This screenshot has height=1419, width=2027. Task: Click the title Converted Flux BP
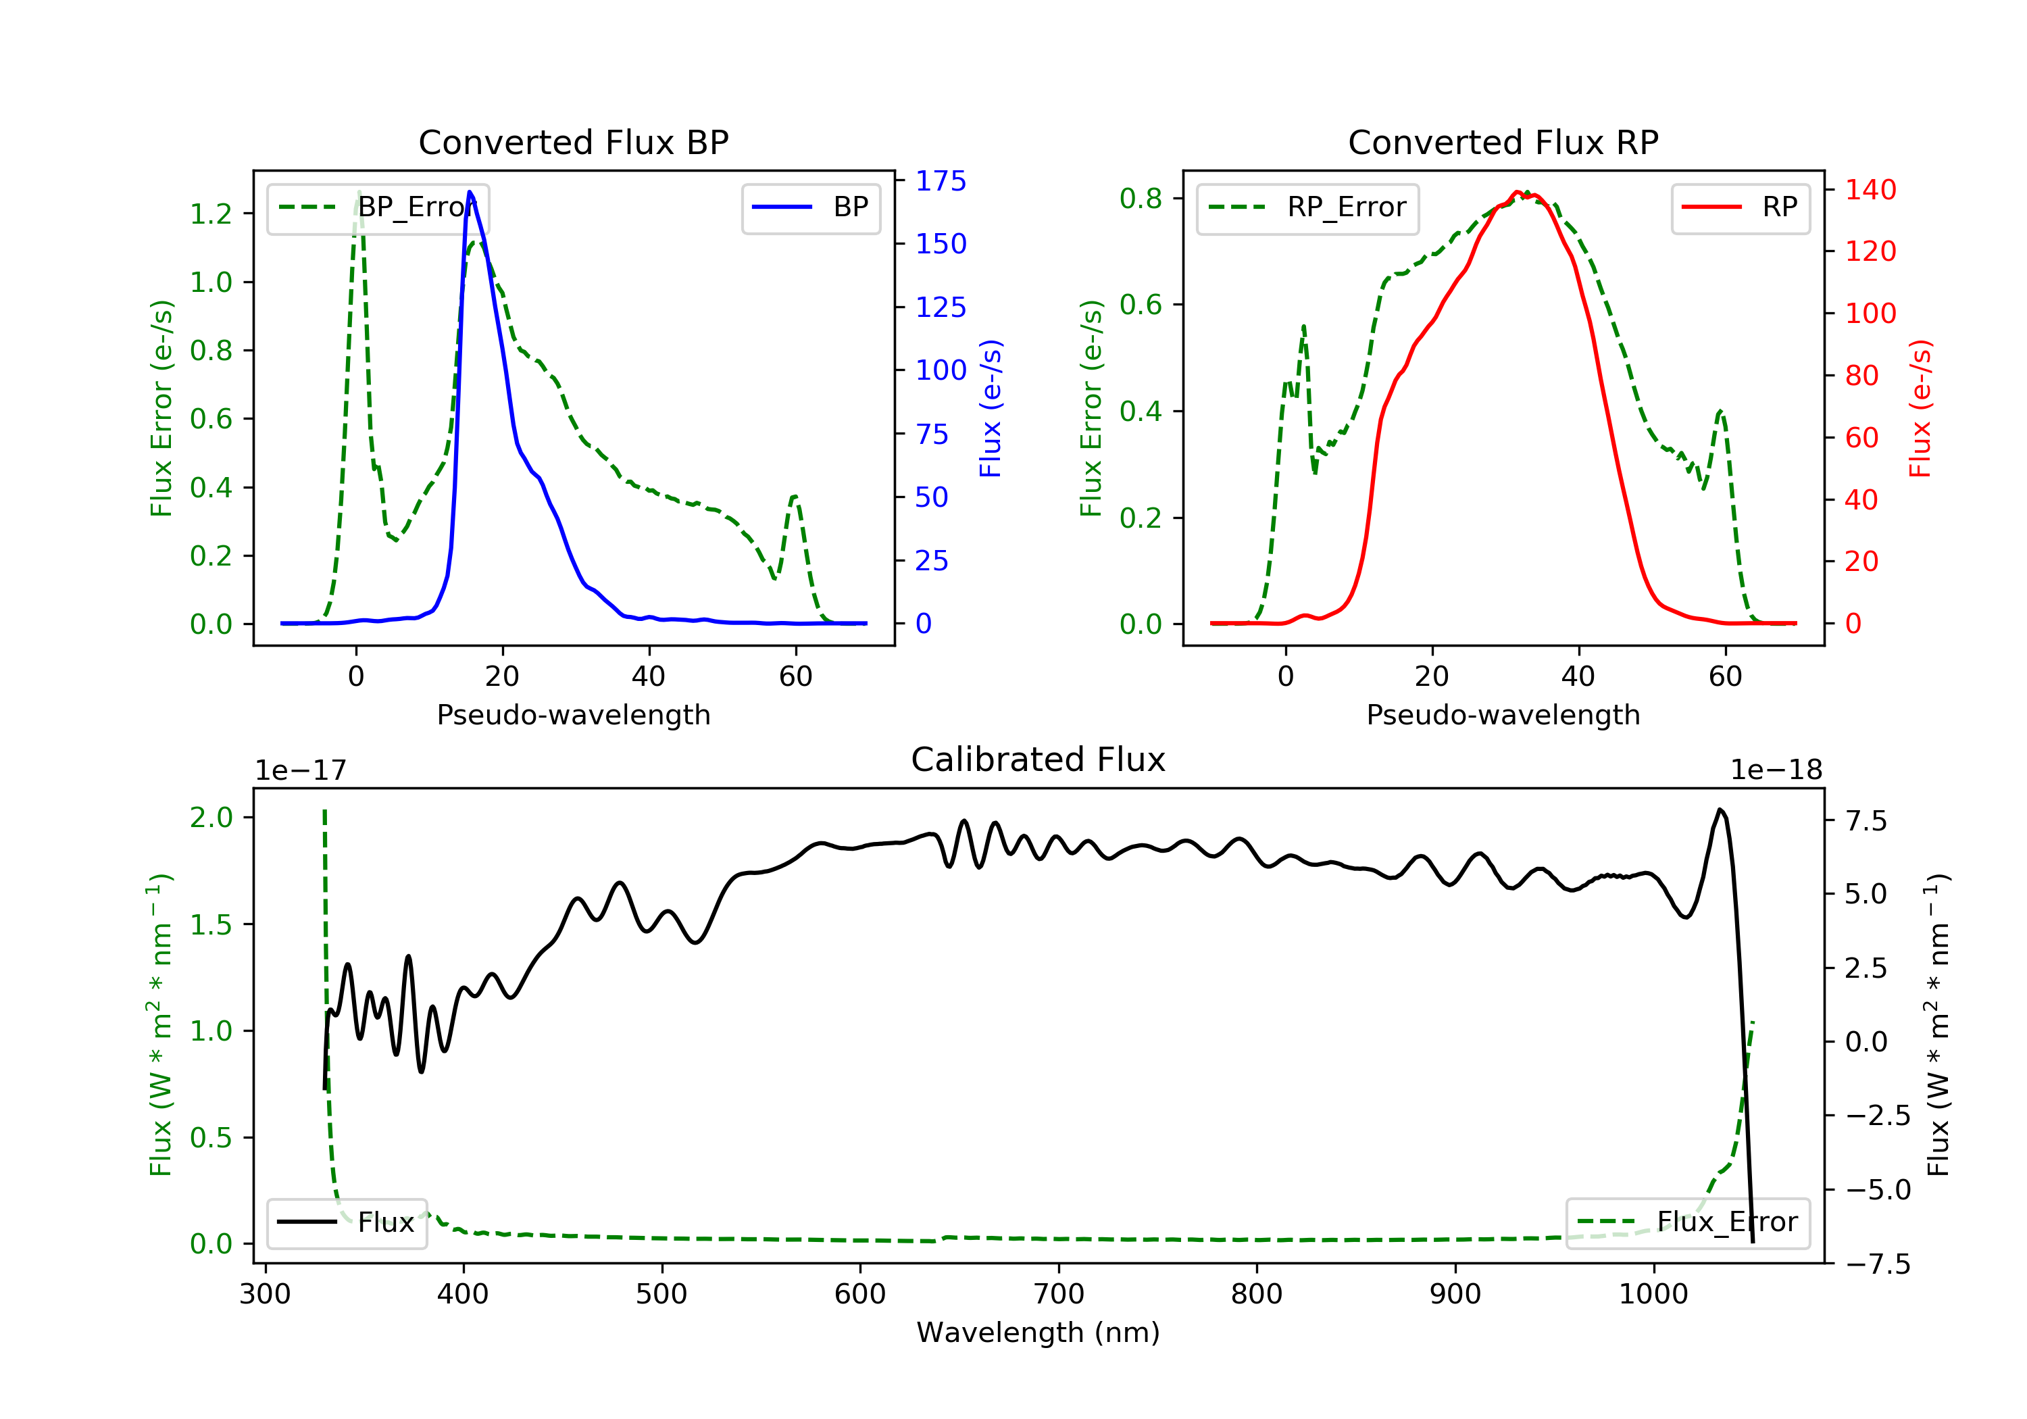coord(573,142)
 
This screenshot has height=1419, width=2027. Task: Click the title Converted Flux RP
coord(1503,142)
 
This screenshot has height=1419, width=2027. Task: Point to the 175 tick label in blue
coord(941,181)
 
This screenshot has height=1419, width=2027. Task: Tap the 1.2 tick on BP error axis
coord(211,214)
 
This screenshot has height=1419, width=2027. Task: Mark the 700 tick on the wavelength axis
coord(1059,1295)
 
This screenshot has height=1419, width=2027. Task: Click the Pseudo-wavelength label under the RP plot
coord(1503,714)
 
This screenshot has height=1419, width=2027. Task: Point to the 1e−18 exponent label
coord(1776,770)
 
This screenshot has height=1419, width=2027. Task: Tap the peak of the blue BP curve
coord(470,192)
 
